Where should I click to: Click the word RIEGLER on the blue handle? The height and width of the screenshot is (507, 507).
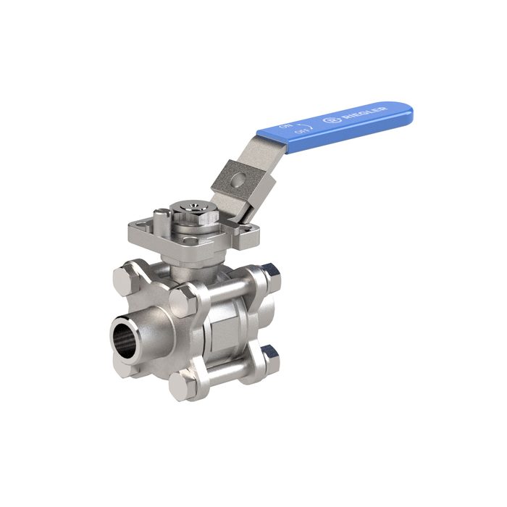pos(370,112)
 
